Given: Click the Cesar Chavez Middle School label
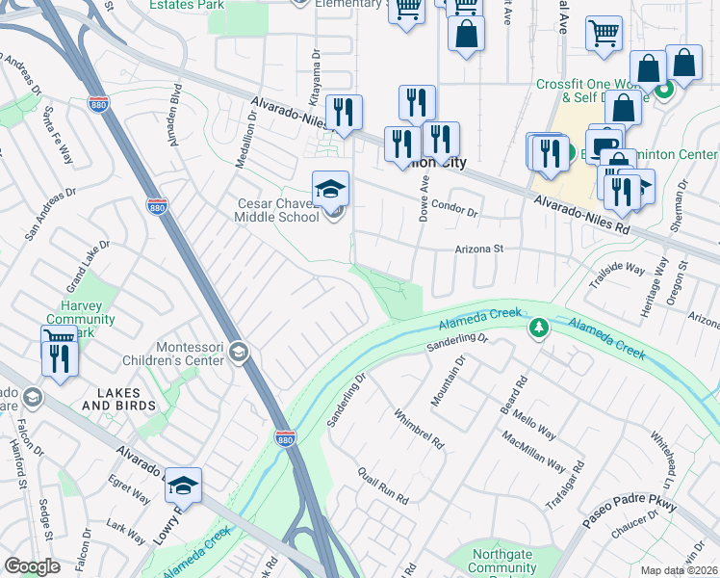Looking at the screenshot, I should point(279,209).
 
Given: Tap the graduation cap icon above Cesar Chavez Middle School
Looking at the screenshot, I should point(330,188).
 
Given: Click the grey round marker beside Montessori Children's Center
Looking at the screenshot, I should point(239,355).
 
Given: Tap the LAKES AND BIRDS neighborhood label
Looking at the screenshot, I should point(117,399).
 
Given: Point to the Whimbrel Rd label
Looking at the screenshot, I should point(418,429).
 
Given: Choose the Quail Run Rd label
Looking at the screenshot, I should point(383,486).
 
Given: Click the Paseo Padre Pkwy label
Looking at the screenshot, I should point(630,513).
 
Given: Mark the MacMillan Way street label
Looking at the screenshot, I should point(533,450).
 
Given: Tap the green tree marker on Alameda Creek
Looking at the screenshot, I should point(539,329).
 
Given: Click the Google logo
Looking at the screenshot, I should point(32,566).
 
